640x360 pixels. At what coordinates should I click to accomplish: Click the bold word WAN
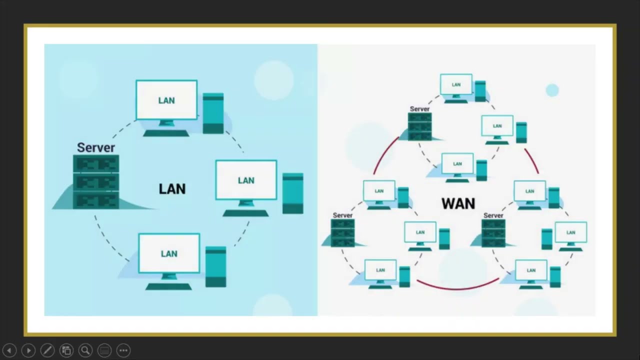458,203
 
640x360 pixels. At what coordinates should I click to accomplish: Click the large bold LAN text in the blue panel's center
172,189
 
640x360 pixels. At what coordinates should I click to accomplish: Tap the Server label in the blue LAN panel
96,147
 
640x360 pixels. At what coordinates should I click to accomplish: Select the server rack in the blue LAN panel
96,181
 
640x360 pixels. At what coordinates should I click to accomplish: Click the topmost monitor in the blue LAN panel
166,100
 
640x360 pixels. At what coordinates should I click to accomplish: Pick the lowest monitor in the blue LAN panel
169,253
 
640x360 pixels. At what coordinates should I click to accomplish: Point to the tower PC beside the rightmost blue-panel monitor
292,193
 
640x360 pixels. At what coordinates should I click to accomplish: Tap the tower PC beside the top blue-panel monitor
213,113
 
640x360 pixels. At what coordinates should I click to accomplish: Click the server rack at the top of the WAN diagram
419,126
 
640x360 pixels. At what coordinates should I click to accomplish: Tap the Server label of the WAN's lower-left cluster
342,215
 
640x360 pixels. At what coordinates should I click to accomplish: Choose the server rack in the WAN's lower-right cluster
493,233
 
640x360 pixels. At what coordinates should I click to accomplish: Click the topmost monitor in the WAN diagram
456,85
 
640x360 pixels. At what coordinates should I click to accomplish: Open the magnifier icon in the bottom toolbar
85,350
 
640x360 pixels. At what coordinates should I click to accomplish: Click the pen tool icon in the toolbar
47,350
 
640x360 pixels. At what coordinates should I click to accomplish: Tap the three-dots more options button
123,350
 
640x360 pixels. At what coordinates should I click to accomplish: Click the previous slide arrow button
9,350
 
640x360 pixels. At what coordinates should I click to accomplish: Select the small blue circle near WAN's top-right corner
552,90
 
